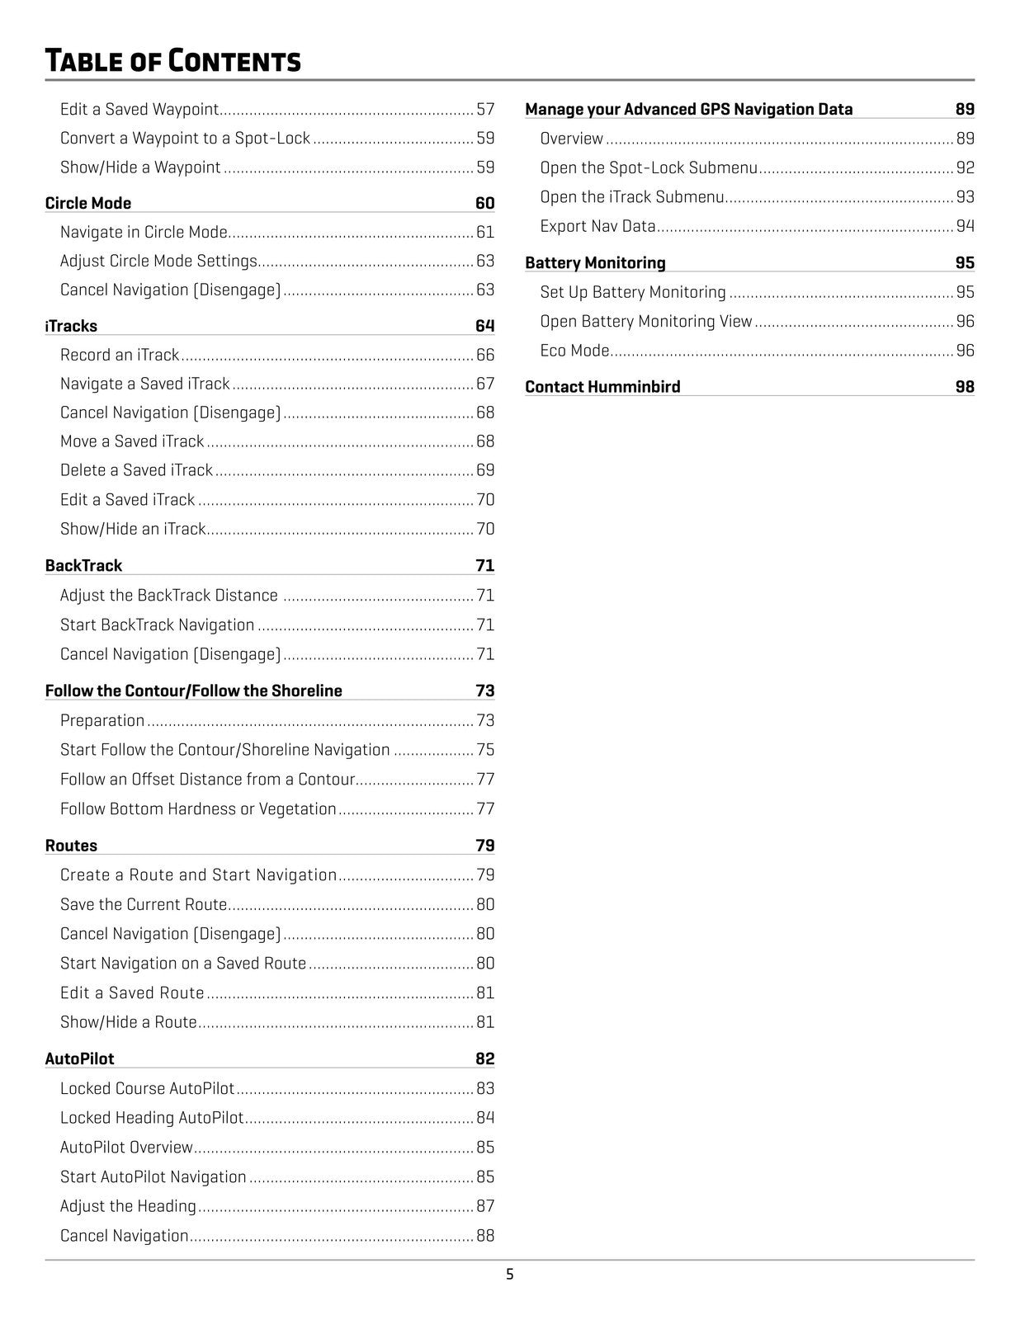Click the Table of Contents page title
(x=172, y=61)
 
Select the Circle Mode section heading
(x=88, y=203)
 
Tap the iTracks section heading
(x=71, y=326)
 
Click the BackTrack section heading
(x=83, y=565)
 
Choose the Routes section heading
(x=71, y=846)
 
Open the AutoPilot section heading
(x=79, y=1058)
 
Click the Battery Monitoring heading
(x=595, y=262)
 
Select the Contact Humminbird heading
(x=602, y=386)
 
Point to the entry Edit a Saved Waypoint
(x=139, y=109)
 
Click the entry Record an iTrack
(x=120, y=355)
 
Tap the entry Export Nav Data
(x=597, y=226)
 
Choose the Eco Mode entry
(x=574, y=351)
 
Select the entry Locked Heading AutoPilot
(x=152, y=1118)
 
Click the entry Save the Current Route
(x=144, y=904)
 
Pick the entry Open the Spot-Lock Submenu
(x=649, y=167)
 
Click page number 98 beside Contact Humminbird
(x=965, y=386)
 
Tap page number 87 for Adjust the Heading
(x=485, y=1206)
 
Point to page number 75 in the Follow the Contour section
(x=485, y=750)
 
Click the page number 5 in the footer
(x=509, y=1275)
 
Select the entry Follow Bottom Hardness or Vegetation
(x=198, y=808)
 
